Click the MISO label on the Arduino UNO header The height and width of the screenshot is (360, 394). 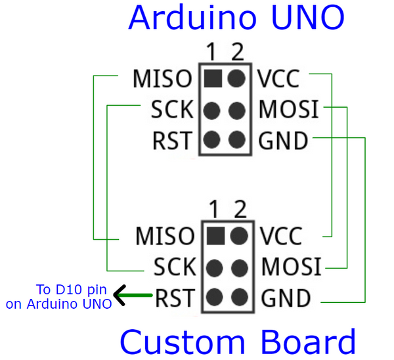pyautogui.click(x=162, y=79)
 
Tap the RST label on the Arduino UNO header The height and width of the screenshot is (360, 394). pyautogui.click(x=172, y=140)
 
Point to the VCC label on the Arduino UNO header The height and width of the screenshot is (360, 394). pyautogui.click(x=278, y=79)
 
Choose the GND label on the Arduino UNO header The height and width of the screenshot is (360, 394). pyautogui.click(x=283, y=140)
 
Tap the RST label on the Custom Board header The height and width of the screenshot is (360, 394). pyautogui.click(x=175, y=299)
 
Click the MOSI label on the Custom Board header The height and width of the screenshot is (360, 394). pyautogui.click(x=292, y=267)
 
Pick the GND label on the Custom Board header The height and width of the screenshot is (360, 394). pyautogui.click(x=286, y=299)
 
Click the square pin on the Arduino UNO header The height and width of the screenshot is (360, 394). pyautogui.click(x=211, y=79)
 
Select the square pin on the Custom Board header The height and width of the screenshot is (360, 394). pyautogui.click(x=213, y=236)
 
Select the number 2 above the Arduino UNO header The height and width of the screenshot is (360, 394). pyautogui.click(x=237, y=53)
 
